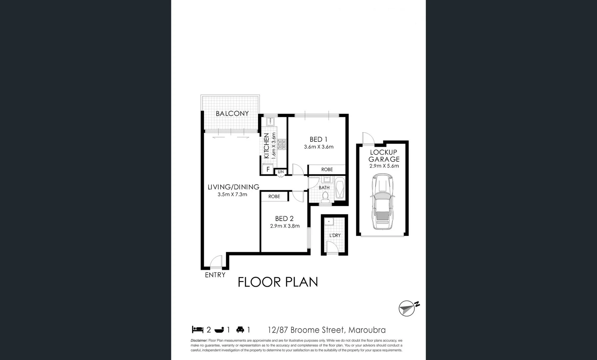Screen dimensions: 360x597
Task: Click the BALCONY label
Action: (232, 114)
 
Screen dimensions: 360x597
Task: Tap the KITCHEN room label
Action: (266, 146)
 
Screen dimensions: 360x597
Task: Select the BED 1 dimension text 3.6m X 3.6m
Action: (319, 147)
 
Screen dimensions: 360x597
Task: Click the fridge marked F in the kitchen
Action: (268, 169)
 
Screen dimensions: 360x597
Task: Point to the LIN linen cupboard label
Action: (281, 172)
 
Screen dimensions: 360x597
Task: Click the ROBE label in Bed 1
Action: (327, 170)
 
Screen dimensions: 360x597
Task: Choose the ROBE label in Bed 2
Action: (274, 197)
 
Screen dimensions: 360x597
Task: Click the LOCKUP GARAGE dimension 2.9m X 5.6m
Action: (384, 166)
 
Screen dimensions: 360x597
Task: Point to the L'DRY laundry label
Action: (335, 235)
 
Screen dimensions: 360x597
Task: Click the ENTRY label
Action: (215, 275)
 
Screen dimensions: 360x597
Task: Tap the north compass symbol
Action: (407, 308)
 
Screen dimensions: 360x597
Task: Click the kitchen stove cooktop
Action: (282, 144)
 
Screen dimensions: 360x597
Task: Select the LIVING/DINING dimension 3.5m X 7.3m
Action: (232, 194)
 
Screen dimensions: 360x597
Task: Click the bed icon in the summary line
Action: (198, 330)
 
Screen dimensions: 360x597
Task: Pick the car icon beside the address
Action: (240, 330)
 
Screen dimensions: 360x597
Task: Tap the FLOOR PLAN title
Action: (278, 282)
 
